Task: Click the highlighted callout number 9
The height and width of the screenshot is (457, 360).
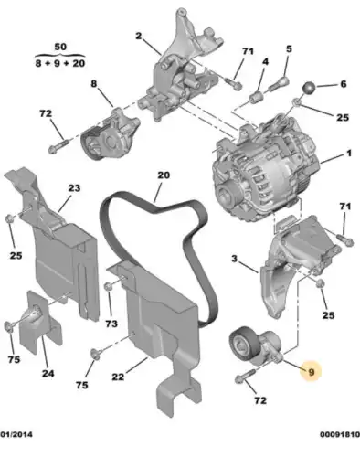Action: pyautogui.click(x=311, y=372)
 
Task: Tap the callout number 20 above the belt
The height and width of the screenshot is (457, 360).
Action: pyautogui.click(x=164, y=175)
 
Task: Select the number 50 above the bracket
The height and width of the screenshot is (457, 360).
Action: pyautogui.click(x=60, y=47)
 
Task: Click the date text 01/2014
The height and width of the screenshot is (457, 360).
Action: pyautogui.click(x=16, y=434)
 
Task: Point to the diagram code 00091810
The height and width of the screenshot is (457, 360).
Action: pyautogui.click(x=340, y=434)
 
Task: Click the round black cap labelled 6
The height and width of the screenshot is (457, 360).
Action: pyautogui.click(x=309, y=89)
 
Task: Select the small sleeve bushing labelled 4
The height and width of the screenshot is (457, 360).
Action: pyautogui.click(x=256, y=98)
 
